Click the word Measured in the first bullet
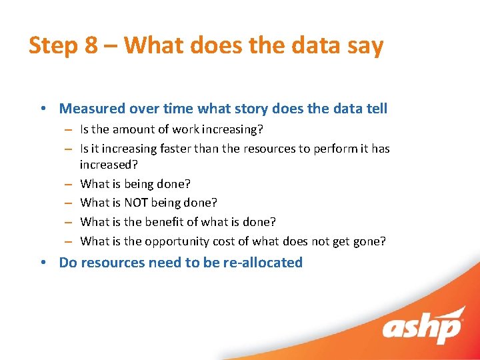pyautogui.click(x=92, y=109)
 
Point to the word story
pyautogui.click(x=257, y=109)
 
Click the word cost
pyautogui.click(x=221, y=241)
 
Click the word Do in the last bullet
pyautogui.click(x=68, y=263)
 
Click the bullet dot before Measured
pyautogui.click(x=43, y=109)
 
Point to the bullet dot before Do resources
pyautogui.click(x=43, y=263)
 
